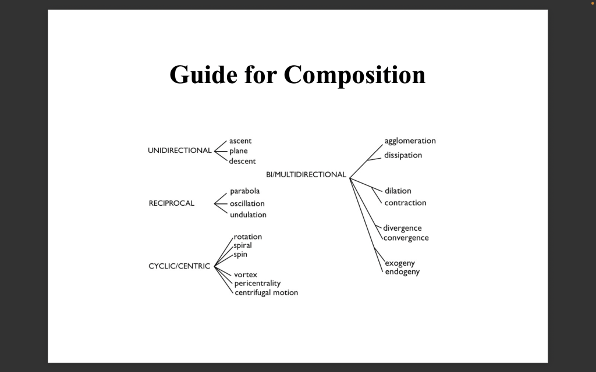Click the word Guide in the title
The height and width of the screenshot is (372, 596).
pyautogui.click(x=203, y=74)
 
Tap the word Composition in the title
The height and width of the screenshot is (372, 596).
pyautogui.click(x=354, y=75)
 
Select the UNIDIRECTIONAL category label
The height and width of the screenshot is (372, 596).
pyautogui.click(x=179, y=151)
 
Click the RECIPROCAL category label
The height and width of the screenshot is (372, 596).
pyautogui.click(x=172, y=203)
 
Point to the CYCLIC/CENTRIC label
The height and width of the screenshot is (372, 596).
pyautogui.click(x=179, y=266)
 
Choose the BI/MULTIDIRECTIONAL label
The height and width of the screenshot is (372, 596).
pyautogui.click(x=306, y=174)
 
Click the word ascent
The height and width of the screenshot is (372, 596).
pyautogui.click(x=240, y=141)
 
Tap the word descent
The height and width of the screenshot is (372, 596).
pyautogui.click(x=242, y=161)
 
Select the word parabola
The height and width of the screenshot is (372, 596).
pyautogui.click(x=245, y=191)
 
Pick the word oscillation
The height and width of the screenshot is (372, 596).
pyautogui.click(x=247, y=203)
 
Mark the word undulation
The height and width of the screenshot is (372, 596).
pyautogui.click(x=248, y=215)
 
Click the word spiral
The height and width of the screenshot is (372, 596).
pyautogui.click(x=243, y=246)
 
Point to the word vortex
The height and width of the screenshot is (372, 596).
pyautogui.click(x=246, y=274)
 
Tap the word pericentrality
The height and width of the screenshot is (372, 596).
pyautogui.click(x=257, y=284)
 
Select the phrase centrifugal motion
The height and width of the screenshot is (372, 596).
pyautogui.click(x=266, y=293)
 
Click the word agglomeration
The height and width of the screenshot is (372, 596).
pyautogui.click(x=410, y=141)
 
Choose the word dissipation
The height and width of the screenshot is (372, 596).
pyautogui.click(x=403, y=155)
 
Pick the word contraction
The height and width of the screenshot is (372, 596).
pyautogui.click(x=405, y=203)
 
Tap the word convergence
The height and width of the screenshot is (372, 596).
pyautogui.click(x=406, y=238)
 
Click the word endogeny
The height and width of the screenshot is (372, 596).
pyautogui.click(x=402, y=272)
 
